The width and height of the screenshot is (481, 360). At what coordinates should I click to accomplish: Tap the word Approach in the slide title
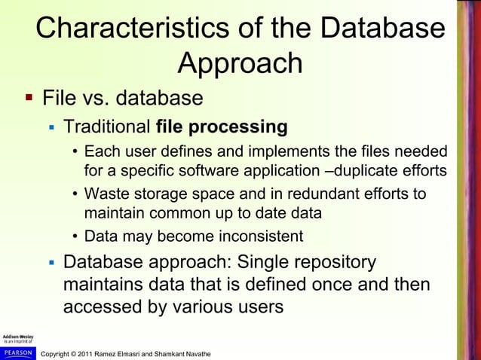pos(240,65)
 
